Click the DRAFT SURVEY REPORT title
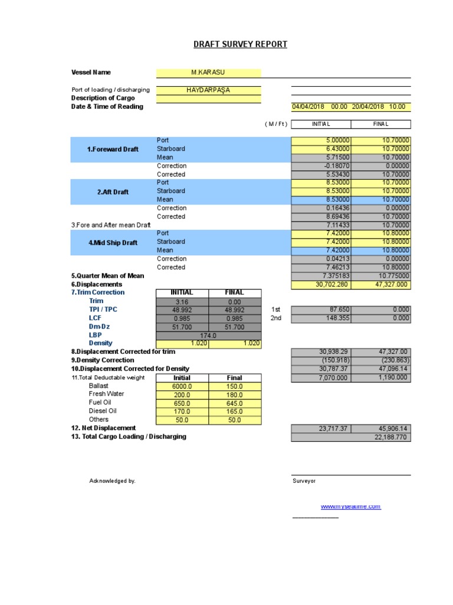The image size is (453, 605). [x=241, y=44]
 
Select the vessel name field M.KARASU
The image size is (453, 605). [x=208, y=73]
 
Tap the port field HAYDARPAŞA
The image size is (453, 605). [x=208, y=90]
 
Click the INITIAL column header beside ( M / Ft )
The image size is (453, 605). [x=321, y=124]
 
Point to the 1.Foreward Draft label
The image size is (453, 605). [x=113, y=149]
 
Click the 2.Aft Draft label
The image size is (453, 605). [x=113, y=192]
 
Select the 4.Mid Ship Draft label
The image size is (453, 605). [x=113, y=242]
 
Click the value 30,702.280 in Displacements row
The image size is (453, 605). [x=321, y=285]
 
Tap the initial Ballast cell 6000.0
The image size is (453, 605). [x=182, y=386]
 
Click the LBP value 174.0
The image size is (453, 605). [x=208, y=335]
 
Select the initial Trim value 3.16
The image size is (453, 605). [x=182, y=301]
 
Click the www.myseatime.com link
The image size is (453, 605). [x=350, y=507]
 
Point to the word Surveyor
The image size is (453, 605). [x=304, y=481]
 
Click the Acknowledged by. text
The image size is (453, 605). [x=112, y=481]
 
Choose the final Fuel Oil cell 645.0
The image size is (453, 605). [x=234, y=403]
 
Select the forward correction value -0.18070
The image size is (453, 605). [x=321, y=166]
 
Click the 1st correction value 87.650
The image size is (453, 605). [x=321, y=310]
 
